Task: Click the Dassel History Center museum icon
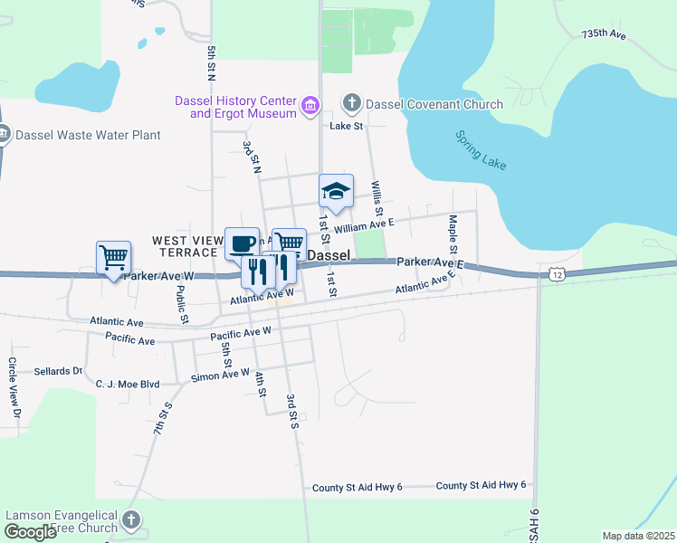(x=310, y=107)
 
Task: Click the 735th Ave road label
(x=605, y=34)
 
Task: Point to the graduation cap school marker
(x=335, y=190)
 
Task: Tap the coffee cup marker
(x=242, y=243)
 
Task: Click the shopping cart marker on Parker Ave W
(x=114, y=257)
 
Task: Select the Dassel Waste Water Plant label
(x=89, y=136)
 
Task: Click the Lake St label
(x=346, y=127)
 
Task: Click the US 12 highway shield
(x=555, y=272)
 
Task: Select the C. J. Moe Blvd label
(x=128, y=384)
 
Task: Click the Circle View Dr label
(x=14, y=387)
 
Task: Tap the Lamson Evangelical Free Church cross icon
(x=131, y=519)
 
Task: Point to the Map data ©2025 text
(x=637, y=536)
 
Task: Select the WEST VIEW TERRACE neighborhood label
(x=186, y=246)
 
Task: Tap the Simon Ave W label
(x=220, y=374)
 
